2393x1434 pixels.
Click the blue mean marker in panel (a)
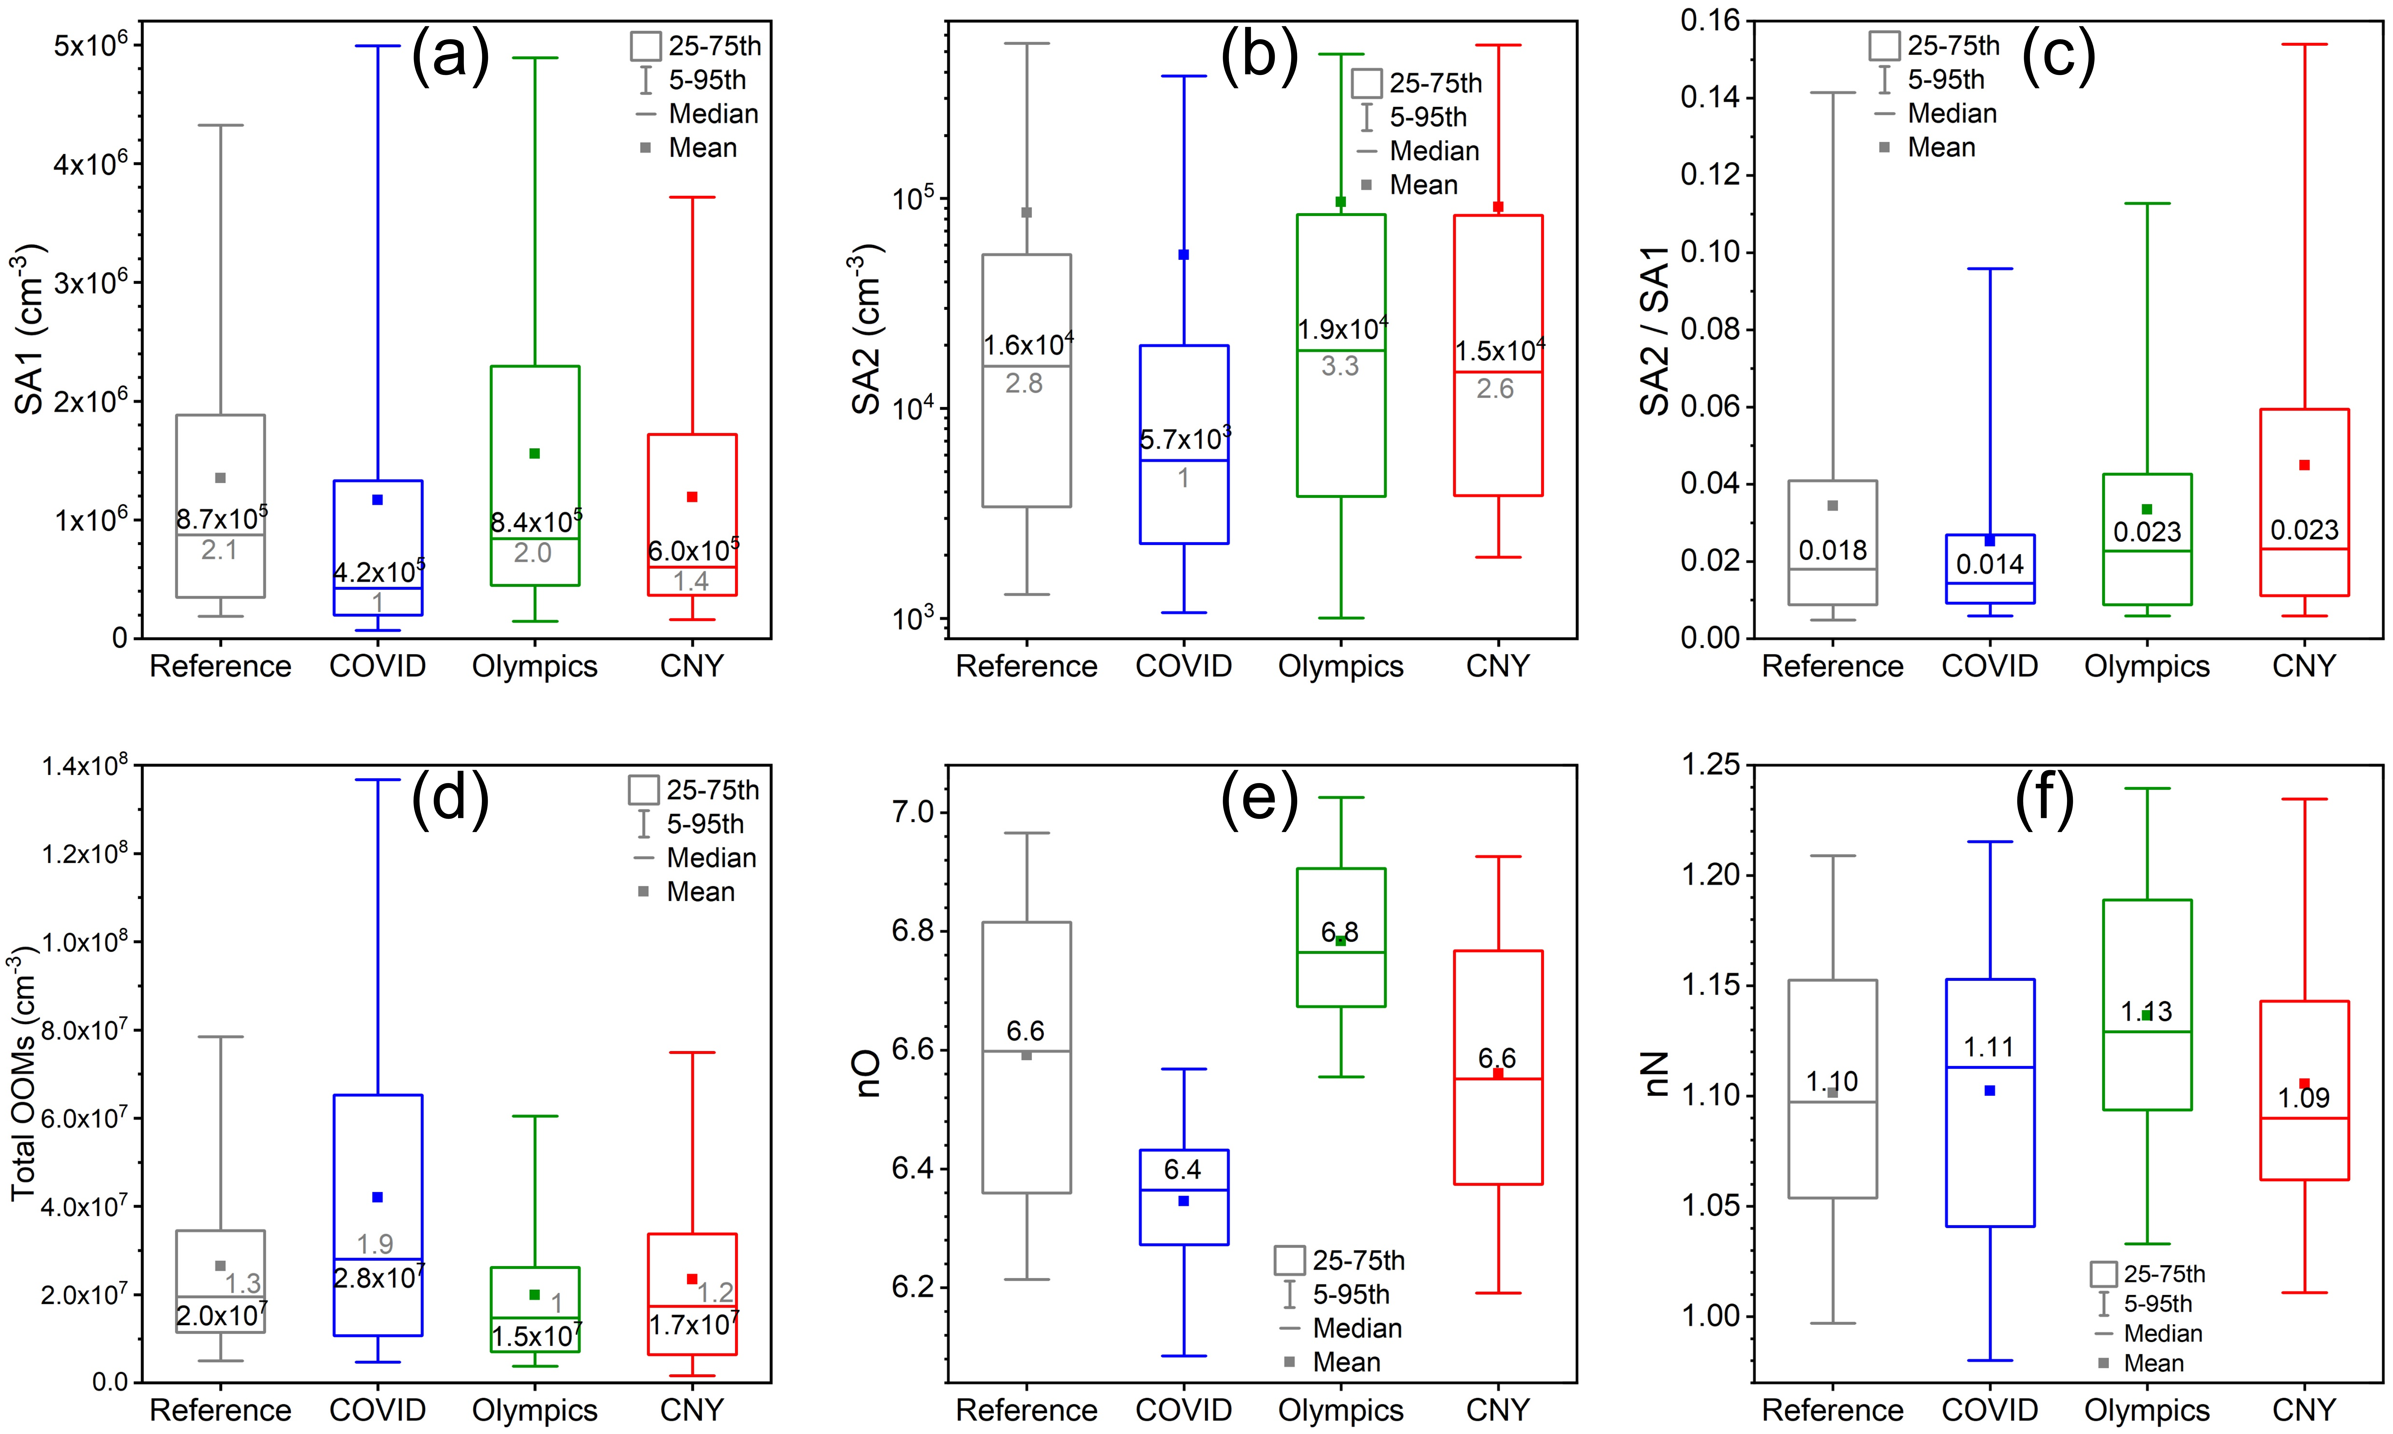pos(378,500)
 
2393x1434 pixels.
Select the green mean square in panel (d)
pos(534,1294)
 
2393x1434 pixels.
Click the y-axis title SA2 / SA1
pos(1655,331)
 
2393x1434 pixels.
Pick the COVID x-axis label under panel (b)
pos(1183,666)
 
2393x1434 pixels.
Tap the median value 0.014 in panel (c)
pos(1989,563)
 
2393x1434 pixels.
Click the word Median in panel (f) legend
pos(2163,1333)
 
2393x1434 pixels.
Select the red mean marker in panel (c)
pos(2304,465)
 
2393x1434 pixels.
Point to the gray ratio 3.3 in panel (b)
pos(1340,366)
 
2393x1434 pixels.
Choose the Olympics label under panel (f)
pos(2147,1410)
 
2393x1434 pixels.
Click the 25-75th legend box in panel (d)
pos(643,789)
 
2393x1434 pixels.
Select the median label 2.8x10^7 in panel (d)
pos(378,1277)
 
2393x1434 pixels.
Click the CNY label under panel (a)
pos(692,666)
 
